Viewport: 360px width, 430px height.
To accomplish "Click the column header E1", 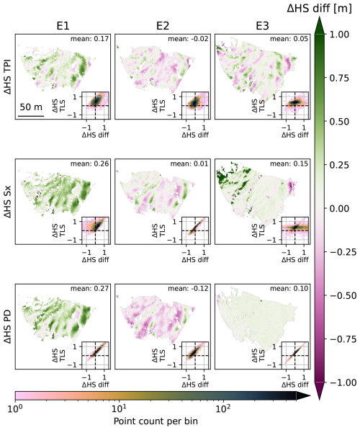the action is point(63,26).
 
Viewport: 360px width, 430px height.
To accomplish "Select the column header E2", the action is point(163,26).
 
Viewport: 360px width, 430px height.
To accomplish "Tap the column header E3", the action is point(262,26).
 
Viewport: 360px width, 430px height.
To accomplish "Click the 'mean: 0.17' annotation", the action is point(90,39).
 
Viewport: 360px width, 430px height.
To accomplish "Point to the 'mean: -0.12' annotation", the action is point(188,289).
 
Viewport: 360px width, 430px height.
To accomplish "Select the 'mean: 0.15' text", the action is point(289,164).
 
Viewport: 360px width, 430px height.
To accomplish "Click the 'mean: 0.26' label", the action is point(90,164).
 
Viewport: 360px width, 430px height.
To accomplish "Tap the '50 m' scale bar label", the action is point(31,107).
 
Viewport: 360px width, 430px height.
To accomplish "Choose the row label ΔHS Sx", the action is point(8,202).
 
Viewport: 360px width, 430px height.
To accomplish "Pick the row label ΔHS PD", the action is point(8,326).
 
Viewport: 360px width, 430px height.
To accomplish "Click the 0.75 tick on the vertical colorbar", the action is point(339,79).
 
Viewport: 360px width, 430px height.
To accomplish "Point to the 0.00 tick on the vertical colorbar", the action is point(339,209).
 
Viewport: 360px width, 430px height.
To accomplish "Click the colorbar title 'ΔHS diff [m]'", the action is point(319,9).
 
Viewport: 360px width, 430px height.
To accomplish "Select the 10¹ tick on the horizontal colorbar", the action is point(120,409).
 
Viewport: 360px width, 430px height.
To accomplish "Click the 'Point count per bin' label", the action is point(156,421).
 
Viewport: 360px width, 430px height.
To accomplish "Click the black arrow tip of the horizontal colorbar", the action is point(310,395).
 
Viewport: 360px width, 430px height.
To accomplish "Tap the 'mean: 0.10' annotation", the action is point(289,289).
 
